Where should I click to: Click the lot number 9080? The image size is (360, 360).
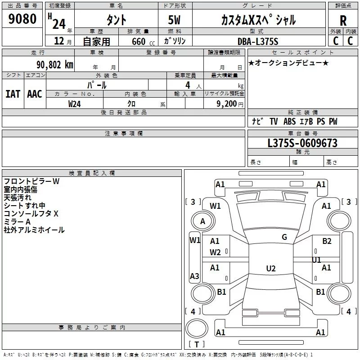[22, 19]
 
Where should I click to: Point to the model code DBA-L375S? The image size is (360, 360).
[258, 41]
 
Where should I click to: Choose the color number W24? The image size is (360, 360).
[75, 103]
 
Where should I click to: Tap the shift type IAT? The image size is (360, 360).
[13, 94]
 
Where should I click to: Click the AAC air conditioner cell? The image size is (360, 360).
[35, 94]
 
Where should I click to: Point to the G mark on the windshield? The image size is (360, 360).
[284, 237]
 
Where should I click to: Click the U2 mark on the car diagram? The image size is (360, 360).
[271, 269]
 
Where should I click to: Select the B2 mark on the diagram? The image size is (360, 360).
[327, 241]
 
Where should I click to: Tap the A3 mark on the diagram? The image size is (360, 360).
[194, 276]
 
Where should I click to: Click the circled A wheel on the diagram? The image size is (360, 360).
[202, 221]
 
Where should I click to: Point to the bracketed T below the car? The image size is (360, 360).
[196, 345]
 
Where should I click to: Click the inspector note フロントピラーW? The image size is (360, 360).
[31, 181]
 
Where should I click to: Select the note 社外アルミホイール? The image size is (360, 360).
[34, 230]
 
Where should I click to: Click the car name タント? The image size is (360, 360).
[116, 20]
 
